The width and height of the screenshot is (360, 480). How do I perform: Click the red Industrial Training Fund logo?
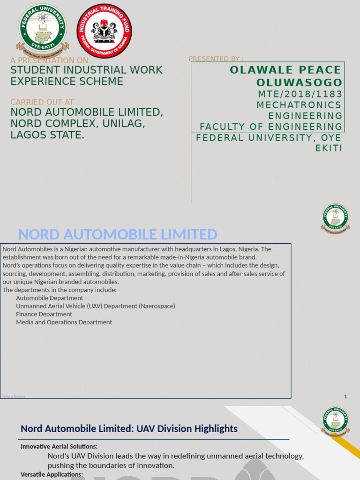[x=104, y=31]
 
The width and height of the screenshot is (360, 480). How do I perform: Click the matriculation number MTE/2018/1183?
[x=300, y=94]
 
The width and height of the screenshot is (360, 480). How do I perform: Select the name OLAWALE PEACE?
[x=285, y=70]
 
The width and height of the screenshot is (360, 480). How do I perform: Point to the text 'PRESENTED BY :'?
[x=216, y=59]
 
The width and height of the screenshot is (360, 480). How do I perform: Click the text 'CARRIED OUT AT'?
[x=42, y=102]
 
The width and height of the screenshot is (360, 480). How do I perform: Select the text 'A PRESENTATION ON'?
[x=49, y=60]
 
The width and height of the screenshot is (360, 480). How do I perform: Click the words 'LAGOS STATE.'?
[x=48, y=135]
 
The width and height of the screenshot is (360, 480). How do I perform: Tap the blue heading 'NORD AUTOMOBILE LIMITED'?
[x=118, y=234]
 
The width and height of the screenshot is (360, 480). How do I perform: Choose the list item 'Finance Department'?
[x=44, y=314]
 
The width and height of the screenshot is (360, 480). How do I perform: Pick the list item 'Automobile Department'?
[x=50, y=298]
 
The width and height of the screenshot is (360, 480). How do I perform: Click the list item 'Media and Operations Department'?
[x=64, y=322]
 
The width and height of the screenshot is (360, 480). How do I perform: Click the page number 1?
[x=345, y=397]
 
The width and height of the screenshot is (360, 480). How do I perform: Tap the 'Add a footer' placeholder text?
[x=14, y=397]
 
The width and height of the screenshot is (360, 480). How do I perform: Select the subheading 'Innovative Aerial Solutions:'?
[x=59, y=447]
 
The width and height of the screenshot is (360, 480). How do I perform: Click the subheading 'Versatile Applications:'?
[x=52, y=475]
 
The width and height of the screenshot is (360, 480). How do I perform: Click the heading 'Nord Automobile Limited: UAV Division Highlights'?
[x=129, y=428]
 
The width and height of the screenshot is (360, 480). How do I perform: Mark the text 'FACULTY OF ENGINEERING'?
[x=271, y=127]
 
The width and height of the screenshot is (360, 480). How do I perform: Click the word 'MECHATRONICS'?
[x=299, y=105]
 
